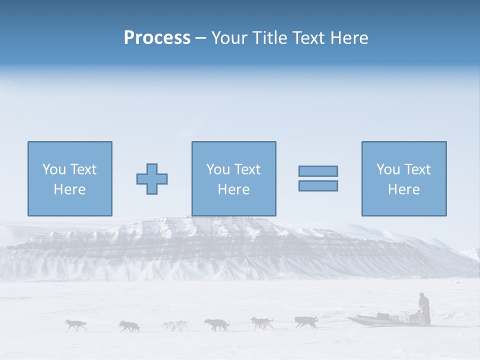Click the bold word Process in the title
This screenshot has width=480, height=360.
click(157, 38)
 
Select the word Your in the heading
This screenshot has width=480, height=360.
click(230, 38)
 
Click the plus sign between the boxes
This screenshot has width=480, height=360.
click(152, 178)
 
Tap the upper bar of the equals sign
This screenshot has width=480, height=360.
click(318, 171)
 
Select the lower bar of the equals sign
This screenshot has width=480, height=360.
click(318, 185)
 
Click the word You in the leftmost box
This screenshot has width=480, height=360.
click(54, 169)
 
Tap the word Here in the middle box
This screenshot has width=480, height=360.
click(233, 189)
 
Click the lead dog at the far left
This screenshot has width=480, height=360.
click(76, 325)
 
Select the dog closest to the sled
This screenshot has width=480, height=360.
click(305, 322)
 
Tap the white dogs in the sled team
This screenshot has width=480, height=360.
click(175, 326)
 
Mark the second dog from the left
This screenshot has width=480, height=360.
click(129, 326)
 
